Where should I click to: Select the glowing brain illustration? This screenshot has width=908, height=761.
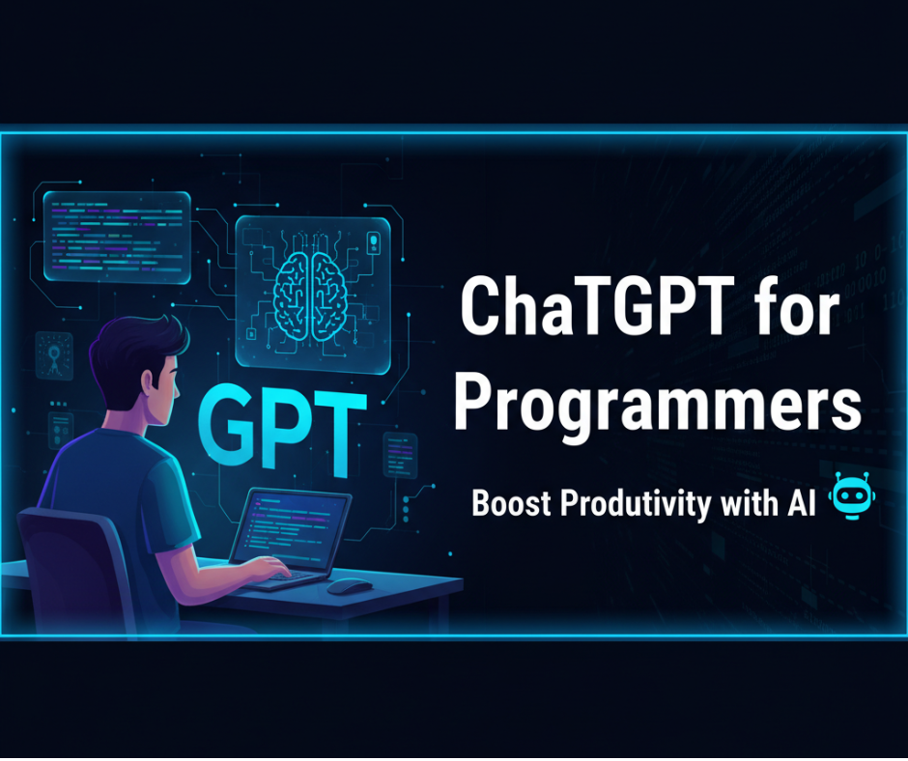tap(313, 296)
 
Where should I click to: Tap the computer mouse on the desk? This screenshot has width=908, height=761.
tap(349, 586)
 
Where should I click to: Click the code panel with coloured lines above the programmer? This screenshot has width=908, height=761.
tap(117, 238)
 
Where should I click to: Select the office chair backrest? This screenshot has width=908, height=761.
tap(81, 571)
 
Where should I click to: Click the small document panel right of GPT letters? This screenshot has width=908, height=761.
tap(400, 455)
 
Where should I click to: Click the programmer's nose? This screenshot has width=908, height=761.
tap(178, 383)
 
